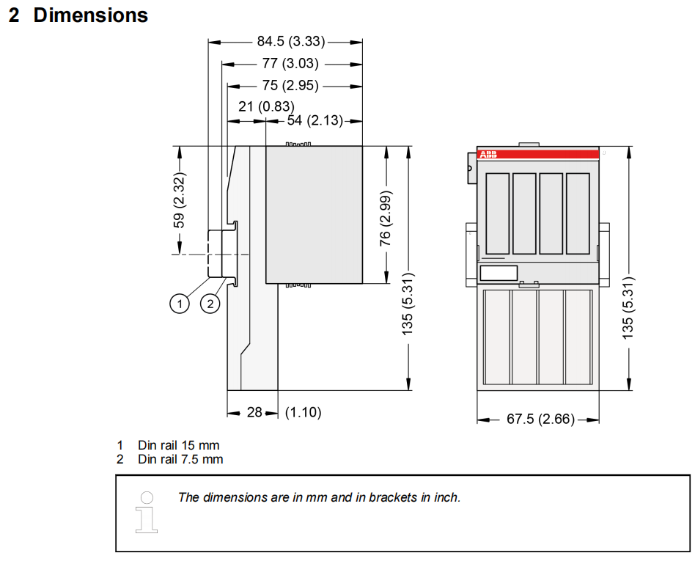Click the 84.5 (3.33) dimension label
291,41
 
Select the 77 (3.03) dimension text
290,63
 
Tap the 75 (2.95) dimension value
290,85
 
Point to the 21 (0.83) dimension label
266,106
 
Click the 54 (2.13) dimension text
315,120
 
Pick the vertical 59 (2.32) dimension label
179,200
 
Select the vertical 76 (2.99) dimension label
385,219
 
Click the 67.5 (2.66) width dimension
540,419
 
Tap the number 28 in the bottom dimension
254,412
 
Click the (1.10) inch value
304,412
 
